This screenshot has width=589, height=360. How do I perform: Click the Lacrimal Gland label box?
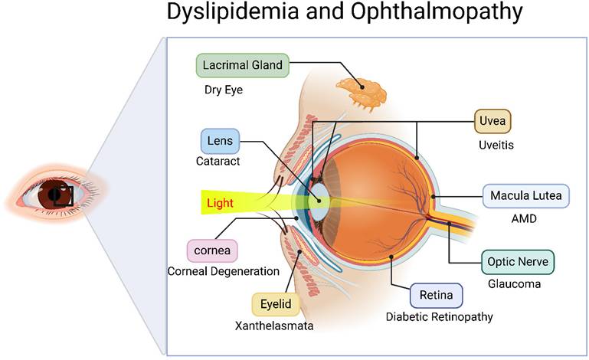coord(243,66)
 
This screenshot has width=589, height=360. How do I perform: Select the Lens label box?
coord(221,141)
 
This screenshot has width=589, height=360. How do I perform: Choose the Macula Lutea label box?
coord(526,196)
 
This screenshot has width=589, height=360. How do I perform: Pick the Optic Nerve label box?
coord(517,262)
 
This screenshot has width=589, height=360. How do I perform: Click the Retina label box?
coord(437,294)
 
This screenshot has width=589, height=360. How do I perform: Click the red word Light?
coord(220,204)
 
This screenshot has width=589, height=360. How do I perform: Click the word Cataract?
coord(218,162)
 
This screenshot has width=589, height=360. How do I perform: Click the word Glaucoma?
coord(515,284)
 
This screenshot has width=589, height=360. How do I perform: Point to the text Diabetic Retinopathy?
coord(439,316)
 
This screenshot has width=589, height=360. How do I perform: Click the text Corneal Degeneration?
coord(224,271)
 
